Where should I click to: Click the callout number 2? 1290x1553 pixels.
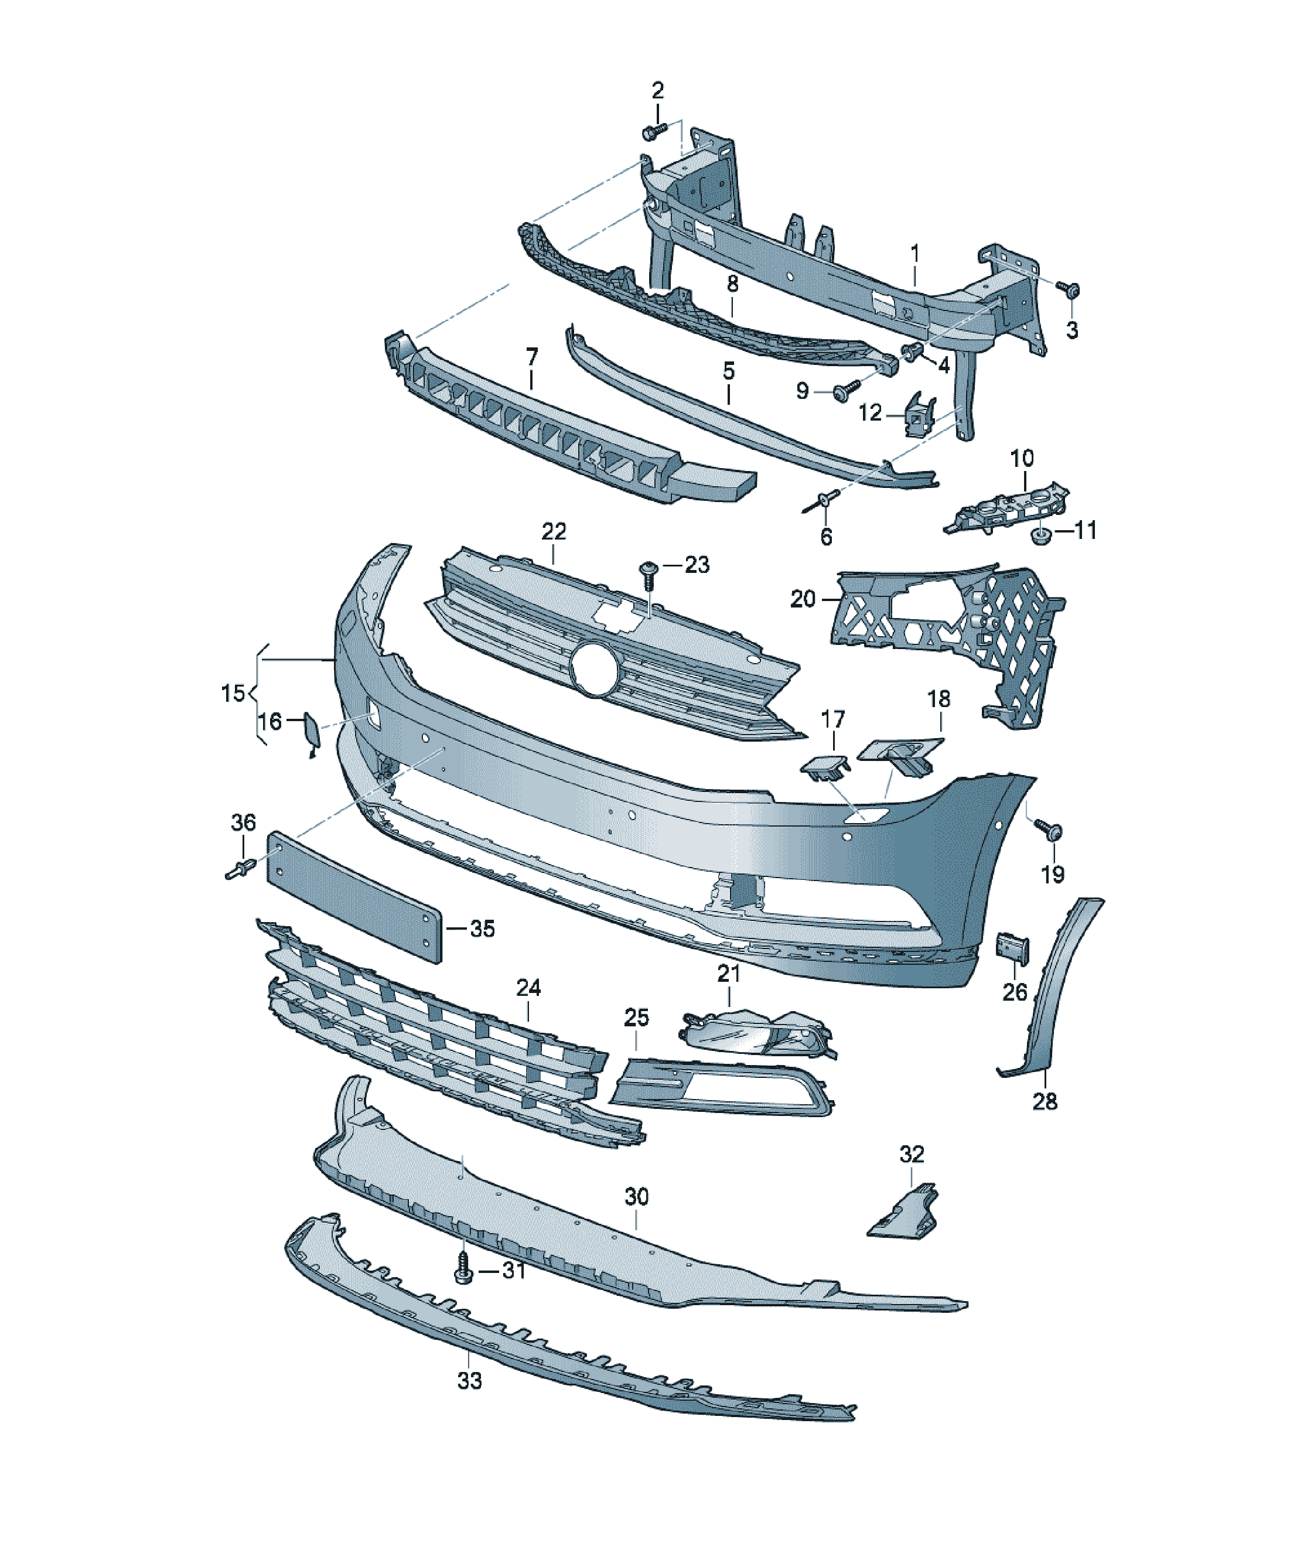(x=657, y=91)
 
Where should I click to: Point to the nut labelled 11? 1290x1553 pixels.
(x=1040, y=535)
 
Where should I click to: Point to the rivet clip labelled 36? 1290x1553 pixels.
(x=240, y=868)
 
